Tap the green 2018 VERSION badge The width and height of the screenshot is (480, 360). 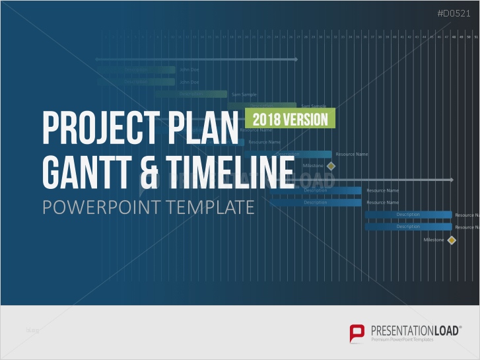[x=291, y=119]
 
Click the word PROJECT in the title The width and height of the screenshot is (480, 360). [x=98, y=127]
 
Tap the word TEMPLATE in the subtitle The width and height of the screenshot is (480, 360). [x=209, y=207]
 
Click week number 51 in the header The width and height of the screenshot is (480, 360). [x=476, y=38]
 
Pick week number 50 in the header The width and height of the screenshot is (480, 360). [x=469, y=38]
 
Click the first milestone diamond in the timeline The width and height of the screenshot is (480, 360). [x=331, y=166]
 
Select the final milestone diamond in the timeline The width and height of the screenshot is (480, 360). [x=452, y=240]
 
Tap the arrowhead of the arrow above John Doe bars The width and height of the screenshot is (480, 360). [x=296, y=59]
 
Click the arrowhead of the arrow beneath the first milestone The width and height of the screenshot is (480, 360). [x=452, y=180]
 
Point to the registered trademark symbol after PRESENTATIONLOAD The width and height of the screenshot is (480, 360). [x=460, y=326]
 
